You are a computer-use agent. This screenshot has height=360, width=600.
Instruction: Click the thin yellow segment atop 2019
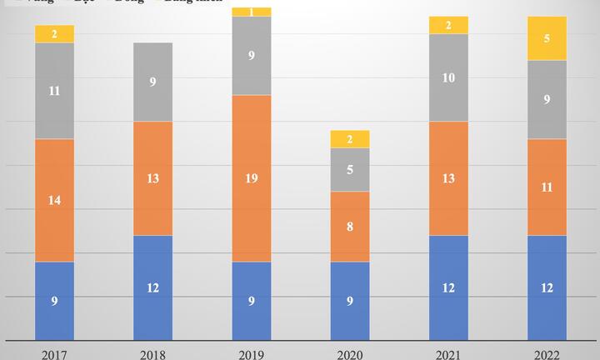252,12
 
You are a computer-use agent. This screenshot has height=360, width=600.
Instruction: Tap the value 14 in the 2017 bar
54,200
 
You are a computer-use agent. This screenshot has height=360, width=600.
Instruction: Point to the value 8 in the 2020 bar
350,227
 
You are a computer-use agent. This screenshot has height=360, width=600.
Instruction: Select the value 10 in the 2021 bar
448,77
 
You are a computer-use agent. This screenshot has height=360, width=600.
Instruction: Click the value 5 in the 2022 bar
547,38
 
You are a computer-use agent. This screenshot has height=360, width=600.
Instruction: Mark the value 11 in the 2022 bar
547,187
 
